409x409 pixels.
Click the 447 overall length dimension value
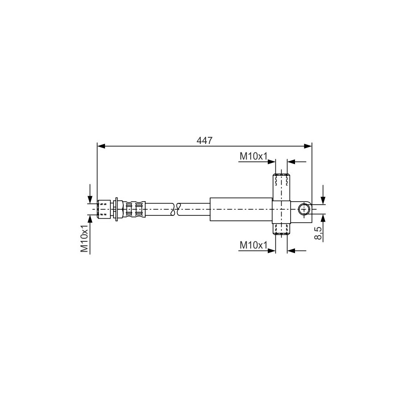205,141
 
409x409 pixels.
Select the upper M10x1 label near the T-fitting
253,156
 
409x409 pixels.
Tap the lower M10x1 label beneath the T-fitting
253,245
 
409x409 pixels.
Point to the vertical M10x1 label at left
84,239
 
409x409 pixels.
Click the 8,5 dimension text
318,233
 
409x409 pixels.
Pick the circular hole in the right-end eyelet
304,209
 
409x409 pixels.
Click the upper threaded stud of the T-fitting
281,187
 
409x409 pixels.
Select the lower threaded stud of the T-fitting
281,229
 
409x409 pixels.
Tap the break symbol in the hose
175,209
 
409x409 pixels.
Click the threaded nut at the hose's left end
104,209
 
